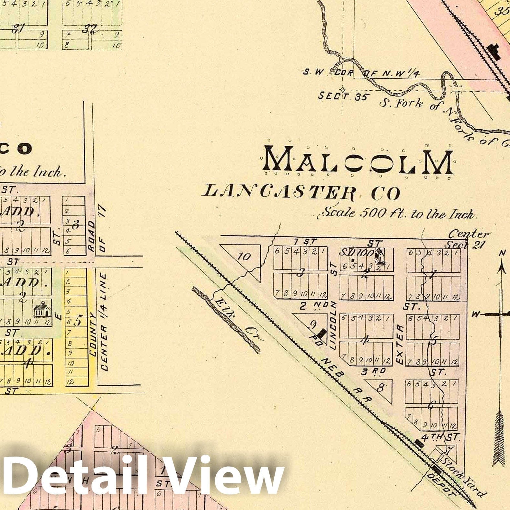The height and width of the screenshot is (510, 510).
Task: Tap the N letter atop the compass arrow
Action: coord(502,254)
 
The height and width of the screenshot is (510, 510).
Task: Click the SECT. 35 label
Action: coord(343,96)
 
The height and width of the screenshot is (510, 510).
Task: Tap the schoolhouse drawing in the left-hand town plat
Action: coord(42,309)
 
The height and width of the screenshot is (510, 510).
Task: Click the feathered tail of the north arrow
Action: coord(500,437)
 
